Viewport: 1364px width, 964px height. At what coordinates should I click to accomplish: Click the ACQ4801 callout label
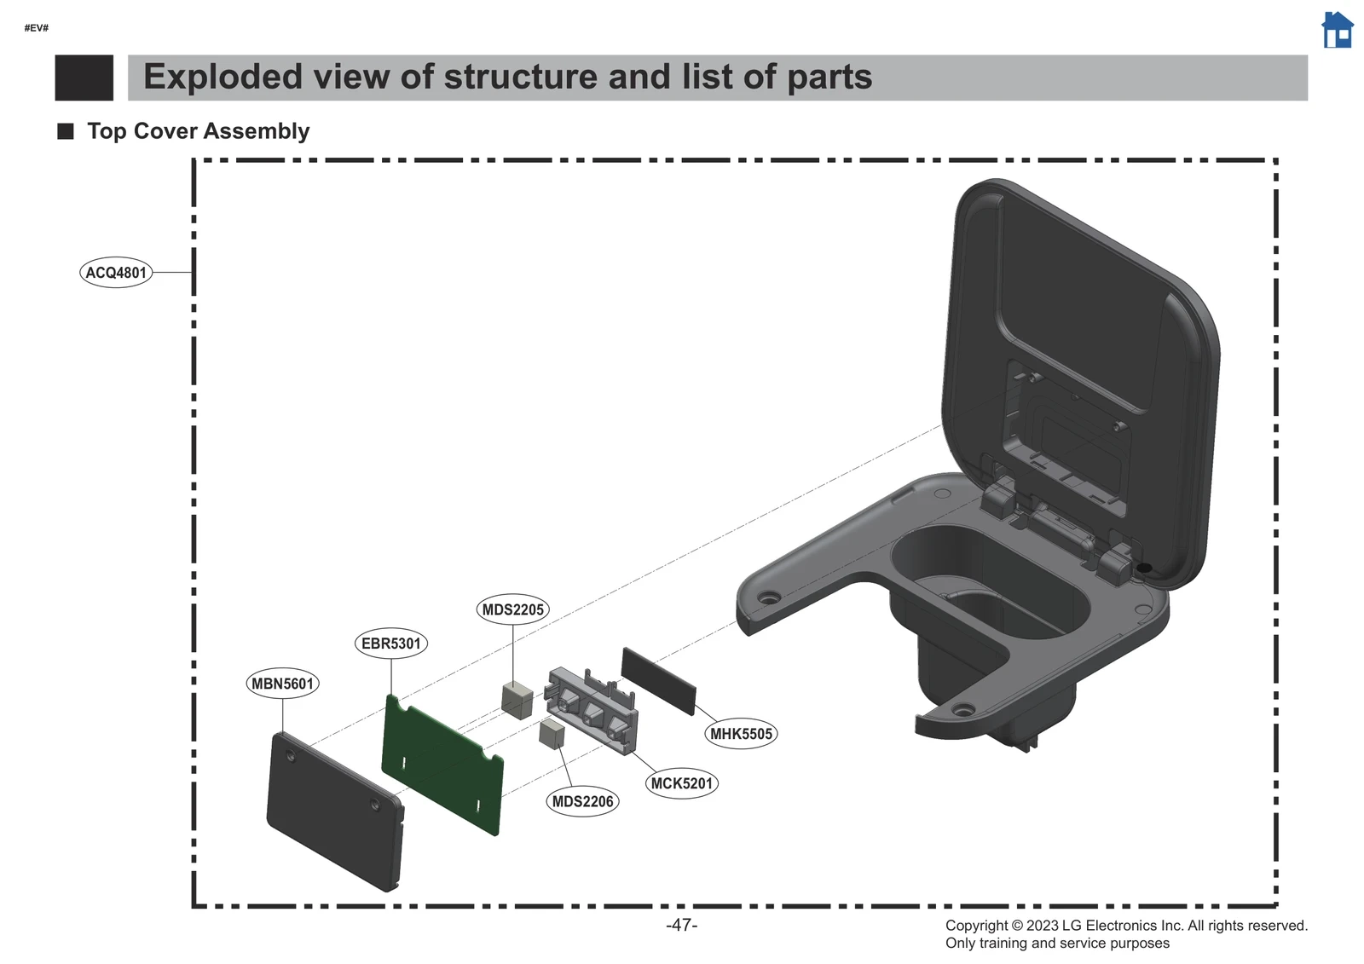(116, 273)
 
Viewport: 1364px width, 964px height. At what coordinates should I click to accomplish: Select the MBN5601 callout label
(282, 684)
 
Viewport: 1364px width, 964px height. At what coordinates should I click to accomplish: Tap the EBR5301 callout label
(390, 644)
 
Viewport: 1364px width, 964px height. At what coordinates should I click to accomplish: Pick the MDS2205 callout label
(512, 609)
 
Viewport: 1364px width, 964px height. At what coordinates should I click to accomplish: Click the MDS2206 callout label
(582, 801)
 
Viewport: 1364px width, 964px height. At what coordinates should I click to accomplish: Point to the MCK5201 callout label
(681, 783)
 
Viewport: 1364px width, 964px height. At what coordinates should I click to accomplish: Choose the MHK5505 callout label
(741, 733)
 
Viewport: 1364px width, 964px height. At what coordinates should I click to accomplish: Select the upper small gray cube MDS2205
(517, 699)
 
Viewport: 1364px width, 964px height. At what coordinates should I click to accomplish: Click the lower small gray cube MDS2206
(552, 734)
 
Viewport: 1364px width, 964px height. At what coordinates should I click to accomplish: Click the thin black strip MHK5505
(658, 680)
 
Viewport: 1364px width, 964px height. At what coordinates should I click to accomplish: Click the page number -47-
(681, 925)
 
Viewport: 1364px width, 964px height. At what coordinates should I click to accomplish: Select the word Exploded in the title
(223, 77)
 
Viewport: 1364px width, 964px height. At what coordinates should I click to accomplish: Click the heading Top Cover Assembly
(198, 131)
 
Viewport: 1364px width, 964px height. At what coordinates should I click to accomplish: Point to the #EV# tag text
(37, 28)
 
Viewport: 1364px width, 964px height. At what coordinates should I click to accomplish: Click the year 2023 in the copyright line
(1042, 926)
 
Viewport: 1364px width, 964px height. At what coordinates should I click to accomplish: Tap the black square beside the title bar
(84, 78)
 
